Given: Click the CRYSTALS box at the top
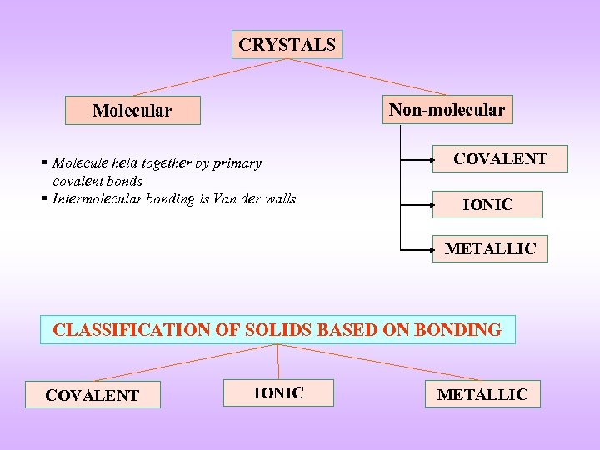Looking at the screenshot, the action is (287, 45).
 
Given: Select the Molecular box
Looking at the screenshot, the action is (132, 111).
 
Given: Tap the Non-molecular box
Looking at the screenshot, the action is (447, 110).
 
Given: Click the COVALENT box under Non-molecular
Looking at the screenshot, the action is (500, 158).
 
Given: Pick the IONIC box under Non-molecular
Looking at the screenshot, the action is (487, 204).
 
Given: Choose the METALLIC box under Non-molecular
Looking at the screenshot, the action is (490, 249).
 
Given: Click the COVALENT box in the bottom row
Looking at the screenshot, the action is (92, 395).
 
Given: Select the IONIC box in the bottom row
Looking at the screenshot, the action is (278, 392).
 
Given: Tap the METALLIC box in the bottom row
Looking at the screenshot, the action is (482, 394).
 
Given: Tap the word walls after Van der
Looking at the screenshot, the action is (279, 198).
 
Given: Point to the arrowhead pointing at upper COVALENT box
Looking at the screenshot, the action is (428, 158).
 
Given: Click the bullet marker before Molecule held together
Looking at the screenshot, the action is (45, 163).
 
